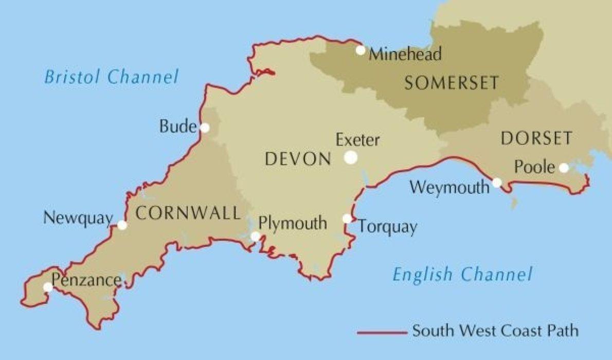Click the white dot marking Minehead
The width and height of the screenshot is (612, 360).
pyautogui.click(x=361, y=50)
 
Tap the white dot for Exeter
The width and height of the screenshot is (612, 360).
pyautogui.click(x=351, y=157)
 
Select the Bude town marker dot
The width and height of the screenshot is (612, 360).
pyautogui.click(x=205, y=128)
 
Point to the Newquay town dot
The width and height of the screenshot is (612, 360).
pyautogui.click(x=122, y=225)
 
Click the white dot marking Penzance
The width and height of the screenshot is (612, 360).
pyautogui.click(x=48, y=287)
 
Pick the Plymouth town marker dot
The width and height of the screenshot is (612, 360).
pyautogui.click(x=255, y=236)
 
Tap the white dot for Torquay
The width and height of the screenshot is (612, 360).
pyautogui.click(x=347, y=219)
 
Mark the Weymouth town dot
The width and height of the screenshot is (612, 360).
pyautogui.click(x=497, y=182)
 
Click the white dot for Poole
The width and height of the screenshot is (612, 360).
pyautogui.click(x=564, y=168)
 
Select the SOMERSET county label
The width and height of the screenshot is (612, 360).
pyautogui.click(x=452, y=82)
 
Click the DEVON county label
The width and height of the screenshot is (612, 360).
pyautogui.click(x=297, y=159)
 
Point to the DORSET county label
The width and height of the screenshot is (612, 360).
pyautogui.click(x=536, y=138)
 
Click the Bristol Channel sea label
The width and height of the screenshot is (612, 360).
pyautogui.click(x=111, y=77)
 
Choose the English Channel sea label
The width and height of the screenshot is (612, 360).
pyautogui.click(x=462, y=274)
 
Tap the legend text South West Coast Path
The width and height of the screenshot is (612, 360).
pyautogui.click(x=495, y=330)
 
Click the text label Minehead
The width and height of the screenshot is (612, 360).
pyautogui.click(x=406, y=53)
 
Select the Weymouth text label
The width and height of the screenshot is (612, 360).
pyautogui.click(x=449, y=188)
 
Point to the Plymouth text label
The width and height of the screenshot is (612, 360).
pyautogui.click(x=293, y=223)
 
